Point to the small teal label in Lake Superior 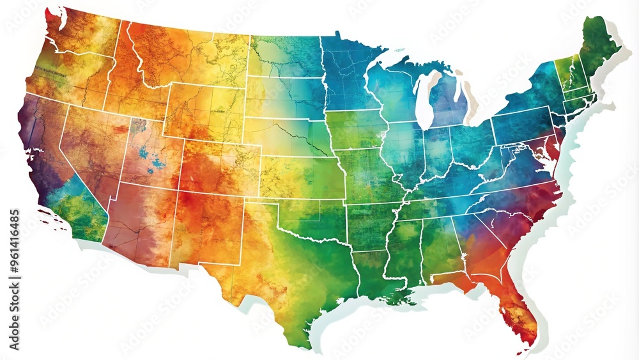click(x=400, y=49)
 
